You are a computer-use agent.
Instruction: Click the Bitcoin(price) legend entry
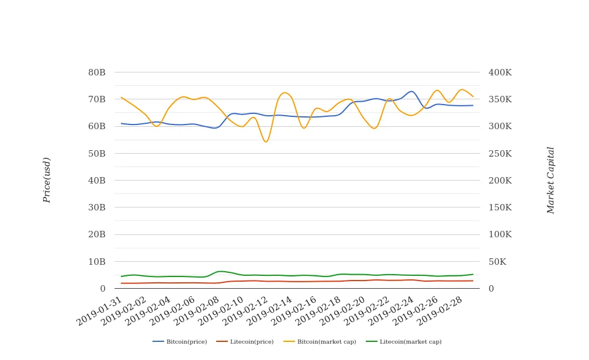click(180, 342)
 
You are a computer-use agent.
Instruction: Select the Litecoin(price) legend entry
click(245, 342)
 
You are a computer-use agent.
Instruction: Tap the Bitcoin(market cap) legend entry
click(320, 342)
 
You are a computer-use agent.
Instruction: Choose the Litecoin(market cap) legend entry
click(404, 342)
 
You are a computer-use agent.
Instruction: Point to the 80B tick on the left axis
click(96, 72)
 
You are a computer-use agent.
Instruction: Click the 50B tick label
click(96, 154)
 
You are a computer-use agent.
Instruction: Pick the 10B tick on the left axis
click(96, 262)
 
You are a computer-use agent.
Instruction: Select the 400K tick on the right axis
click(500, 72)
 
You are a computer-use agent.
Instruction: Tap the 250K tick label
click(500, 154)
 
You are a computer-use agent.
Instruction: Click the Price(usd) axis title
click(47, 180)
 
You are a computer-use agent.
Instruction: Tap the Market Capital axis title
click(550, 180)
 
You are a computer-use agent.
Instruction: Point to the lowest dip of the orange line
click(266, 142)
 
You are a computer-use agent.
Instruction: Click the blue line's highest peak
click(411, 91)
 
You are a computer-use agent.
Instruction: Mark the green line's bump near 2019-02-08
click(220, 271)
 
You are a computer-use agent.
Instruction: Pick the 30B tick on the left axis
click(96, 207)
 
